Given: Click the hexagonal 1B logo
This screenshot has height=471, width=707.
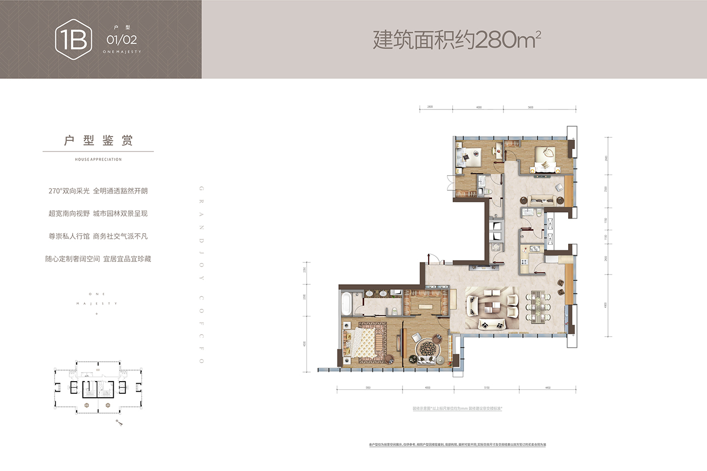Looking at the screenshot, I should [x=74, y=39].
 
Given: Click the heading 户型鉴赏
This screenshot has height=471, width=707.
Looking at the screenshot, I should [x=98, y=140].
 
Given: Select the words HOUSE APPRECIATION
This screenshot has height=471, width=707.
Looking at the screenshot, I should [x=98, y=160].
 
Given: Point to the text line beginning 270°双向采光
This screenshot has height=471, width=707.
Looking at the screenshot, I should [x=98, y=191].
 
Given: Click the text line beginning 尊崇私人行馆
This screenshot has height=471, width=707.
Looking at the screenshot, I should [x=98, y=236].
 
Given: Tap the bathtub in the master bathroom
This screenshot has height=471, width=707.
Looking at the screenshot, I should [x=346, y=303].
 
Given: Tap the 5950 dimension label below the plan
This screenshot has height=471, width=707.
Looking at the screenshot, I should [x=368, y=388].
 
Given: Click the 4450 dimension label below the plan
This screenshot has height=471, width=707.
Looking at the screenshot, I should [x=548, y=388].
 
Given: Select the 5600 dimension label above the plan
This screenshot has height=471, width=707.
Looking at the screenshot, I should [x=530, y=108].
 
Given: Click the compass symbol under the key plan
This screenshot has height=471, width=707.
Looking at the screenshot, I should [x=119, y=423].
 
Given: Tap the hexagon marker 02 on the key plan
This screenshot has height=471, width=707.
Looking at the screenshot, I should [x=87, y=405].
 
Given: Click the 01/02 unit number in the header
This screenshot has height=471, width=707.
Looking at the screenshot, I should [x=122, y=40].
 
